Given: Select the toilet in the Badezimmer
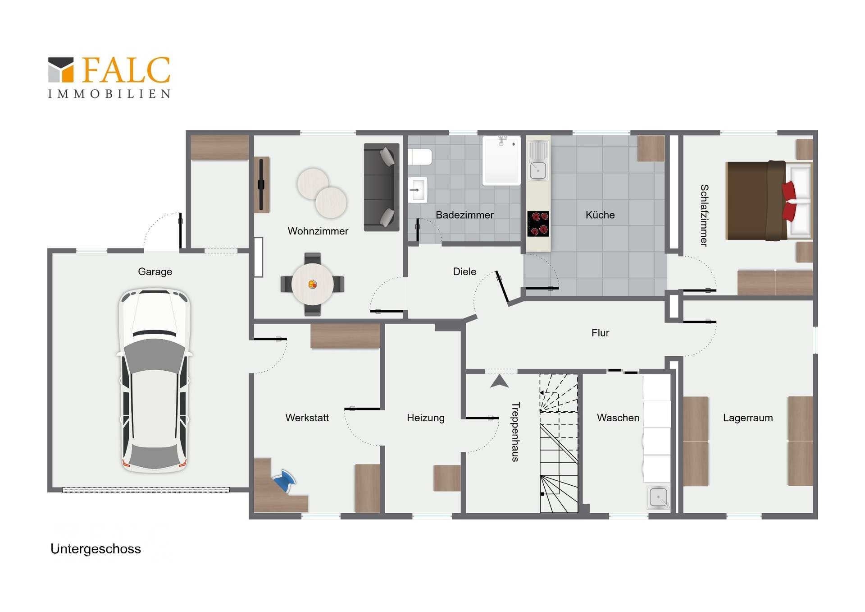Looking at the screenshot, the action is (x=420, y=157).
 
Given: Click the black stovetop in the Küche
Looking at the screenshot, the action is (x=538, y=224).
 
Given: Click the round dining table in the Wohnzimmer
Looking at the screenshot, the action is (x=313, y=284).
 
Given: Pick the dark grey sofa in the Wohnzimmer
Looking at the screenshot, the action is (x=382, y=187).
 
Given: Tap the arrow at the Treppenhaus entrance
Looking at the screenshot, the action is (x=499, y=381).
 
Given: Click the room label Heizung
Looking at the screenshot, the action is (x=426, y=418).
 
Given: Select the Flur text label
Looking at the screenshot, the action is (x=600, y=333).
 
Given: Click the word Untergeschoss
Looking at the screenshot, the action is (x=96, y=549).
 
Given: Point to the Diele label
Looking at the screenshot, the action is (x=464, y=271).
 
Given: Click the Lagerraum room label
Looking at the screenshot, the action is (x=748, y=418).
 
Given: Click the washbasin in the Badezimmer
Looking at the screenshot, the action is (x=418, y=190).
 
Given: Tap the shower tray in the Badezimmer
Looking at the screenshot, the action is (x=501, y=161).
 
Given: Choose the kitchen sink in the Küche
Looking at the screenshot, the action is (x=538, y=161).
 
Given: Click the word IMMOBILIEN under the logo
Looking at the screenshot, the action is (x=109, y=94).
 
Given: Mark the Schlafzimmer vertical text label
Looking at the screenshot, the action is (x=704, y=215).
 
